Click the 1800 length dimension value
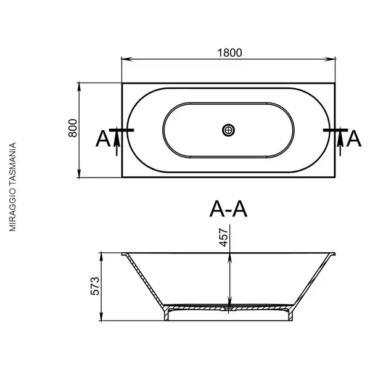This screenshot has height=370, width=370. click(229, 53)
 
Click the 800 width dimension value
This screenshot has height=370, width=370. click(73, 128)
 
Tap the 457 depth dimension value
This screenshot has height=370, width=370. click(224, 237)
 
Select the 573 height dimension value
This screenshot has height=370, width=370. click(96, 286)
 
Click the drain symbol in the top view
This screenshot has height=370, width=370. click(228, 130)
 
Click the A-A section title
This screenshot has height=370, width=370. click(228, 209)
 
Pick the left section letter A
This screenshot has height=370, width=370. click(103, 139)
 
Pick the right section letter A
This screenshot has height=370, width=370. click(354, 139)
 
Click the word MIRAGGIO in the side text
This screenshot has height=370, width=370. click(12, 210)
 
